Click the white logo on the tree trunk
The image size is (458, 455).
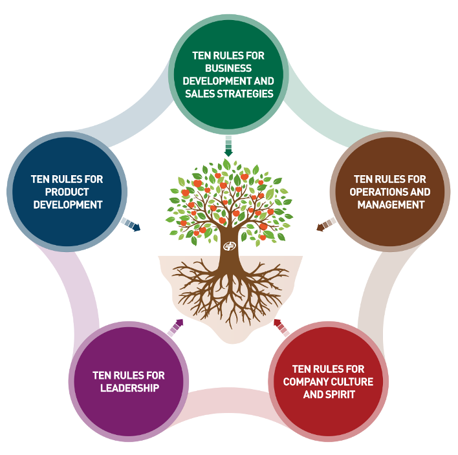[229, 246]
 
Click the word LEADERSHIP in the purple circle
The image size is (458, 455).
[129, 388]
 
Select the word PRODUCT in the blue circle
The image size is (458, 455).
[67, 192]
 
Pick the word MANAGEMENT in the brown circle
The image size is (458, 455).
[390, 205]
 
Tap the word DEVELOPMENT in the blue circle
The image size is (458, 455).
[67, 205]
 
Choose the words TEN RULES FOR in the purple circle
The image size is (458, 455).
[129, 375]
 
